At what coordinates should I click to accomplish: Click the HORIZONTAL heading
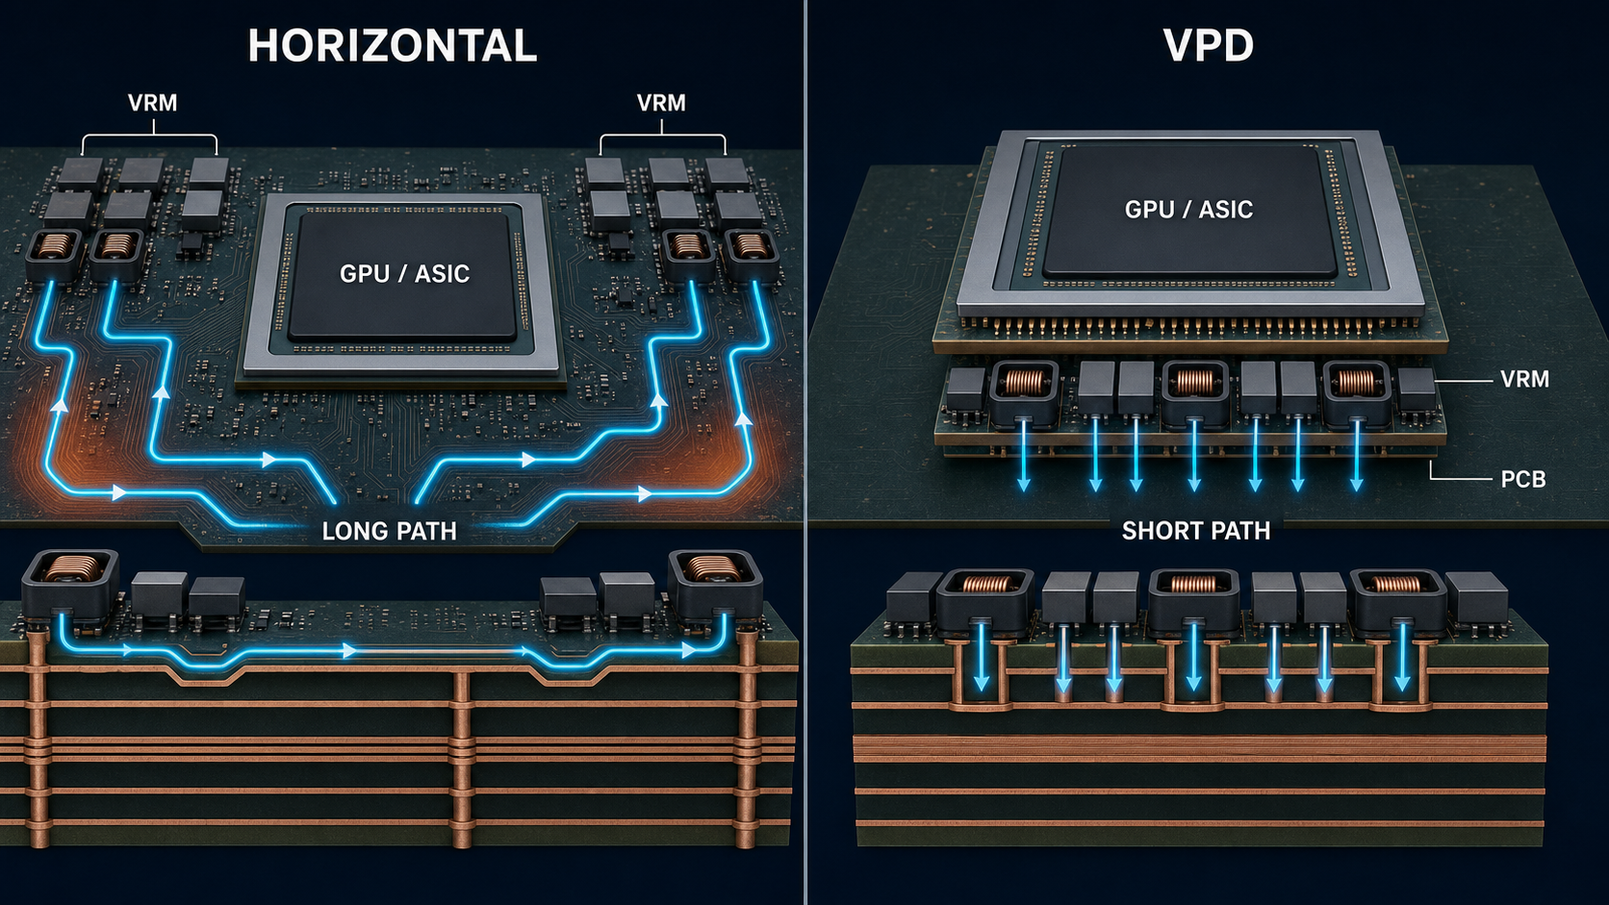click(x=393, y=46)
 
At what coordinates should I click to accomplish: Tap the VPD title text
click(x=1208, y=46)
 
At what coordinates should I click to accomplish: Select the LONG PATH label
click(x=390, y=531)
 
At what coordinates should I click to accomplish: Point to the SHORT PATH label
click(x=1196, y=531)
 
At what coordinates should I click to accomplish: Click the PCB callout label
click(x=1522, y=479)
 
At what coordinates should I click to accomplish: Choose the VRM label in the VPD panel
click(x=1524, y=379)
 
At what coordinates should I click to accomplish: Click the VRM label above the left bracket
click(x=152, y=103)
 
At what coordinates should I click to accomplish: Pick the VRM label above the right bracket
click(x=661, y=103)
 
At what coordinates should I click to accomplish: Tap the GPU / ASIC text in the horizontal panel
click(x=404, y=273)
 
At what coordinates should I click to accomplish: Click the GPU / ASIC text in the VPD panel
click(x=1188, y=210)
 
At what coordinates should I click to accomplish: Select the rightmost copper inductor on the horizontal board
click(x=752, y=254)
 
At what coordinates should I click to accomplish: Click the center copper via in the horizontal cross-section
click(x=461, y=760)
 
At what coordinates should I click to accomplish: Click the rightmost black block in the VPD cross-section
click(x=1476, y=604)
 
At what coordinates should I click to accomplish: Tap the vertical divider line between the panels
click(x=805, y=452)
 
